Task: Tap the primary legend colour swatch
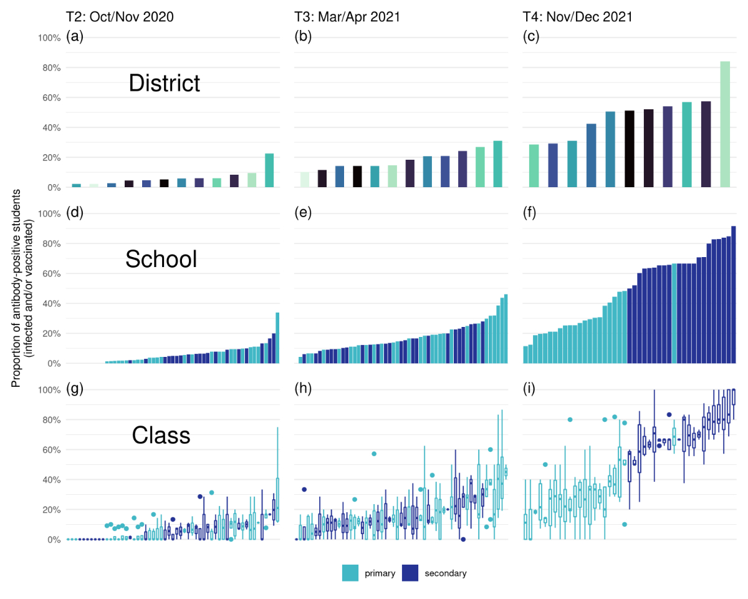point(350,573)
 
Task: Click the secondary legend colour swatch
point(410,573)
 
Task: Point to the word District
point(164,84)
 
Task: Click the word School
point(161,260)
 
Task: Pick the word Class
point(161,436)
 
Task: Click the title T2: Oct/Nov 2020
point(120,17)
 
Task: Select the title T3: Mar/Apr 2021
point(347,17)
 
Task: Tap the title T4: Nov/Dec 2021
point(577,17)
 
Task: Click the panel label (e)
point(303,213)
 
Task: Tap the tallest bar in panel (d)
point(277,338)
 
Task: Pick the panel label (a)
point(75,37)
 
